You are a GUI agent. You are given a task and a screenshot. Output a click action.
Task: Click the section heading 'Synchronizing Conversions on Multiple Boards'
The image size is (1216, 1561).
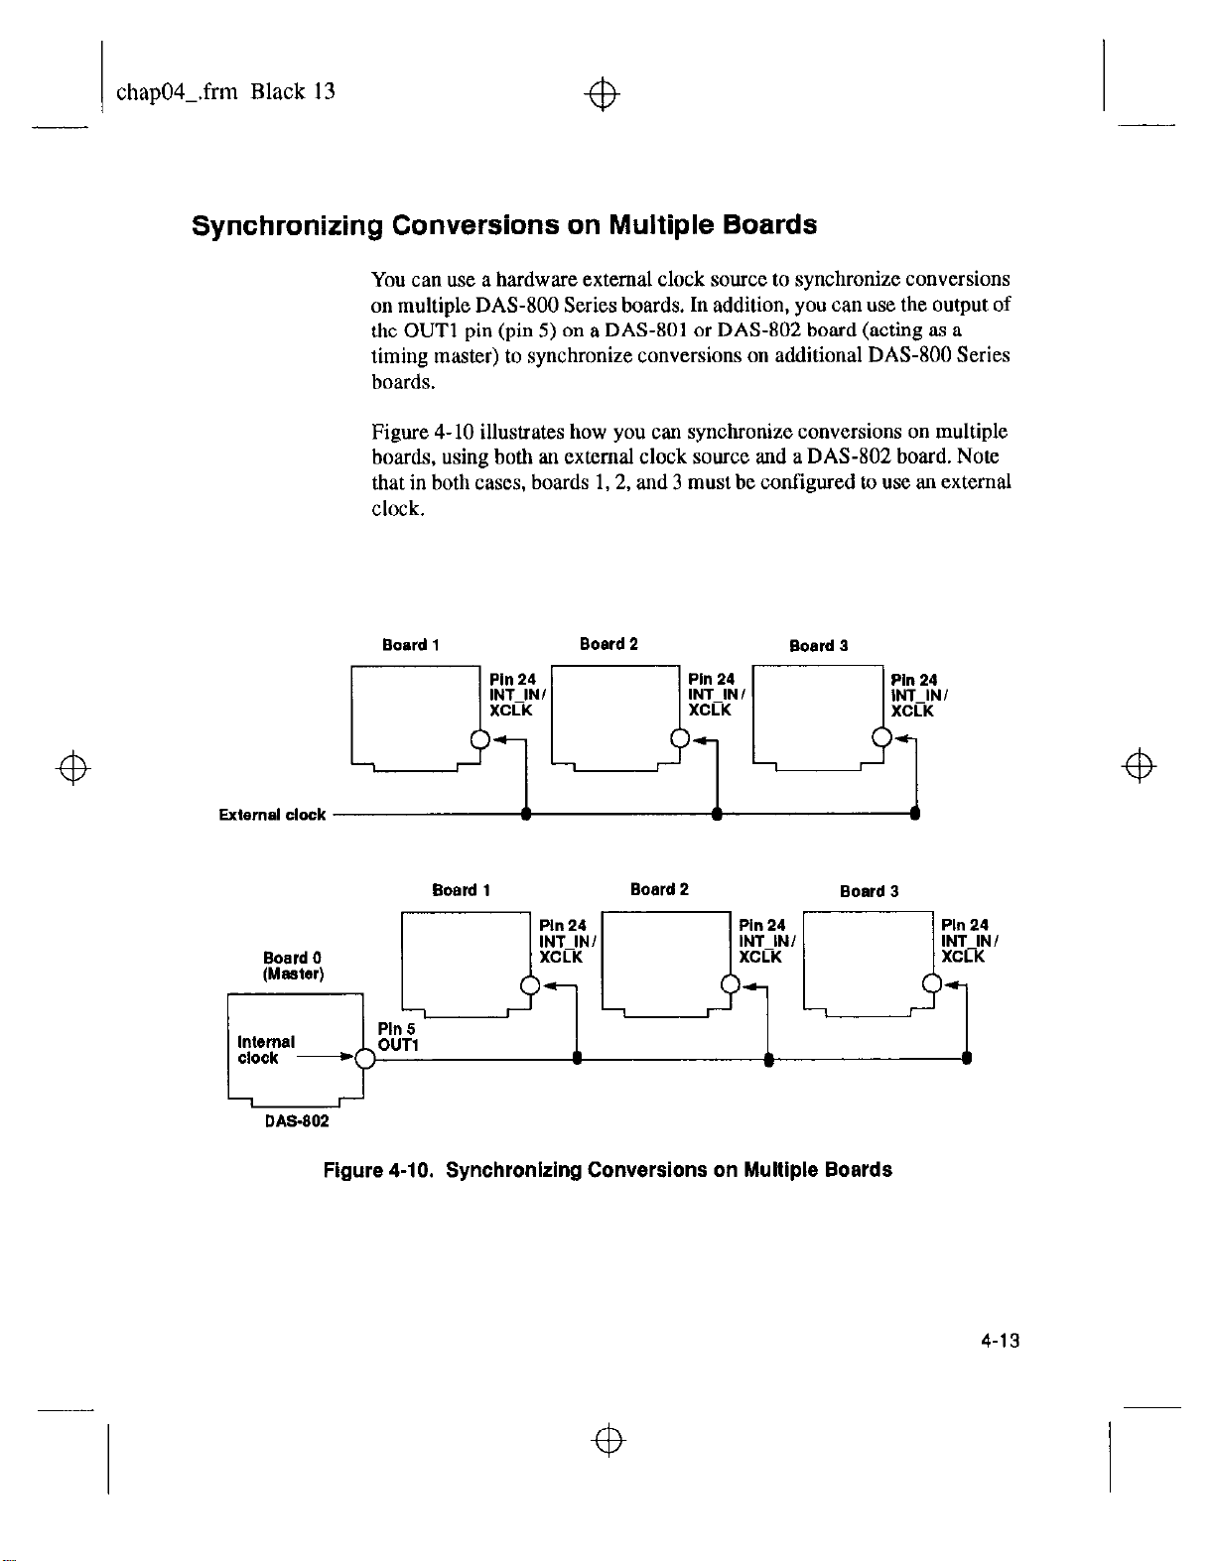click(504, 225)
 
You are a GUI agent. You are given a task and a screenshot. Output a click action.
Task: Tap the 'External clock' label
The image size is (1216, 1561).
click(272, 815)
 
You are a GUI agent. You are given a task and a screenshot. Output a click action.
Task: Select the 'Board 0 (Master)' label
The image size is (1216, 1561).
click(293, 966)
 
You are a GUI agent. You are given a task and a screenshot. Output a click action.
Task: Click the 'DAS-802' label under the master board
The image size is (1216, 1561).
click(297, 1121)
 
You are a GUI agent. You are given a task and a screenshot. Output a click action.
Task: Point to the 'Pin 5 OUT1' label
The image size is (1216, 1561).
click(398, 1037)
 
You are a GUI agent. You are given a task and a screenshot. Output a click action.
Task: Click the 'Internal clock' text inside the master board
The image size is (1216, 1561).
click(266, 1050)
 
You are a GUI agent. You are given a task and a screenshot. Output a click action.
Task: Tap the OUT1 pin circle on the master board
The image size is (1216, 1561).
click(364, 1059)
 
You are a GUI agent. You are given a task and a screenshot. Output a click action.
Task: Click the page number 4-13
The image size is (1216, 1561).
click(1001, 1341)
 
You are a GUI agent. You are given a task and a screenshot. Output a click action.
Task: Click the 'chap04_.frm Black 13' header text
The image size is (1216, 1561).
click(225, 92)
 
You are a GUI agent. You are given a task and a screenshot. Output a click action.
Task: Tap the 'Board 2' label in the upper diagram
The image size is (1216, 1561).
click(608, 644)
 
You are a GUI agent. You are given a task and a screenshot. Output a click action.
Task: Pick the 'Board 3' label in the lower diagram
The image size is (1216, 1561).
click(869, 891)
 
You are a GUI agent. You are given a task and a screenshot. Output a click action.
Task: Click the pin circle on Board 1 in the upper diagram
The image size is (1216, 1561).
click(479, 739)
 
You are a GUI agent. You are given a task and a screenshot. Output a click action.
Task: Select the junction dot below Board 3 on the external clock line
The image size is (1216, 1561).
click(915, 814)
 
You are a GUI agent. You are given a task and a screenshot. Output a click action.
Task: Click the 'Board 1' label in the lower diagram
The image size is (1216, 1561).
click(462, 890)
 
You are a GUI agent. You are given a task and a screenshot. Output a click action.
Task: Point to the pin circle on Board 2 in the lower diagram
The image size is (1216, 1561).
click(730, 984)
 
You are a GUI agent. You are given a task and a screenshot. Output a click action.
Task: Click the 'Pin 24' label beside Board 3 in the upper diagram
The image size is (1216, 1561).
click(913, 680)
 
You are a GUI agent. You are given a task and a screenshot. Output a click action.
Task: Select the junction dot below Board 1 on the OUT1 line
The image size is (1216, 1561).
click(577, 1059)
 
